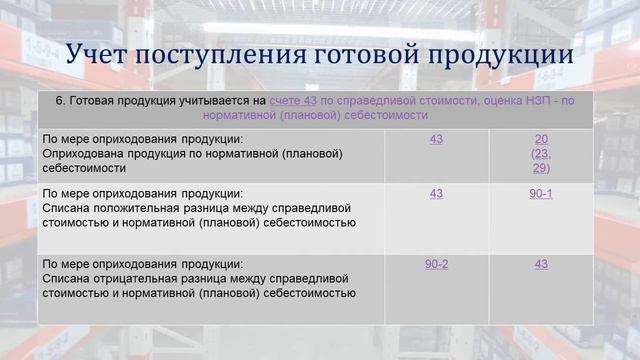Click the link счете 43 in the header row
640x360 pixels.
[294, 101]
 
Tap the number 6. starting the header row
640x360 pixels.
[61, 101]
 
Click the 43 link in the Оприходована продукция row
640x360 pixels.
[436, 139]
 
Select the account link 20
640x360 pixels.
[541, 139]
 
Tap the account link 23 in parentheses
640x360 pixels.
[541, 154]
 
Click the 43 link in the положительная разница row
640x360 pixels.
[436, 193]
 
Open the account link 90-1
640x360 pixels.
[541, 193]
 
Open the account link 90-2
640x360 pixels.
[436, 264]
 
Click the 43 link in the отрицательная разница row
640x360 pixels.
[541, 264]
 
